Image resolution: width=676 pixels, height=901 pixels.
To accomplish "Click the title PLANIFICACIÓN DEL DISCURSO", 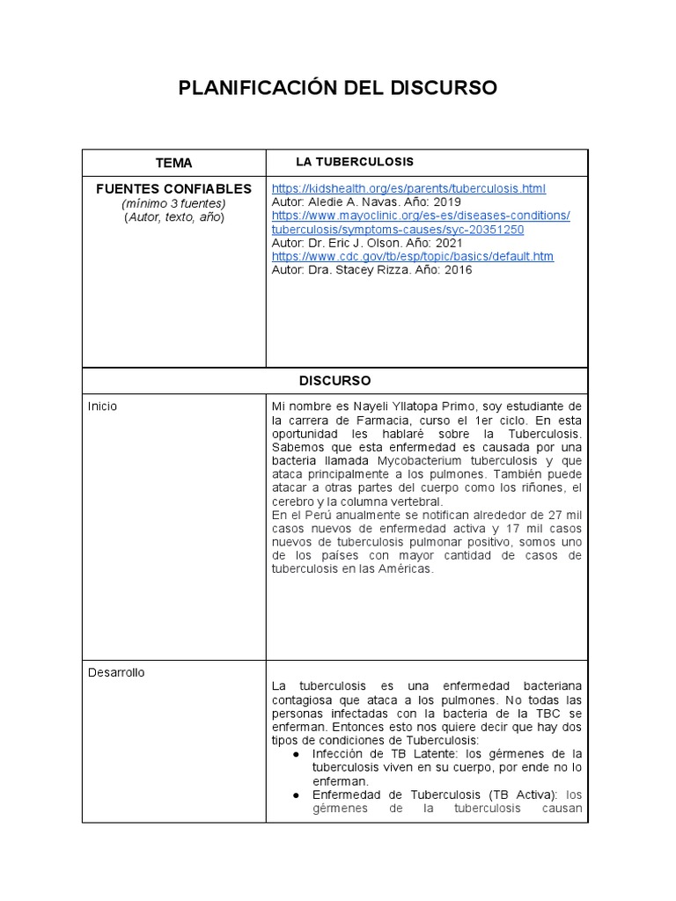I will (338, 88).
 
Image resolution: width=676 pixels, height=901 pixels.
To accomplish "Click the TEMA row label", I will (173, 163).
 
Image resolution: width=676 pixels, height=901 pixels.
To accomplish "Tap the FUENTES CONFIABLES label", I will (173, 188).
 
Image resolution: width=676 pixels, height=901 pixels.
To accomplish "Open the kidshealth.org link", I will (408, 188).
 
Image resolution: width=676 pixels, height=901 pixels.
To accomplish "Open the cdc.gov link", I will (413, 256).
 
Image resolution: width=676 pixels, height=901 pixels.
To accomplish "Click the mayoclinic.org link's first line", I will (421, 216).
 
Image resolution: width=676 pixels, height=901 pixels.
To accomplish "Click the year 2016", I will (458, 270).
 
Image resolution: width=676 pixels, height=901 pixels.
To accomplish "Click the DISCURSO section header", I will (334, 381).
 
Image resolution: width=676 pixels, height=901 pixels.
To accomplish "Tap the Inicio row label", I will (102, 407).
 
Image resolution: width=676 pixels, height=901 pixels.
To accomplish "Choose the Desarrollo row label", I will (116, 672).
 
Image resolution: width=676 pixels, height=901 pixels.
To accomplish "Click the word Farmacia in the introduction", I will (364, 421).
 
